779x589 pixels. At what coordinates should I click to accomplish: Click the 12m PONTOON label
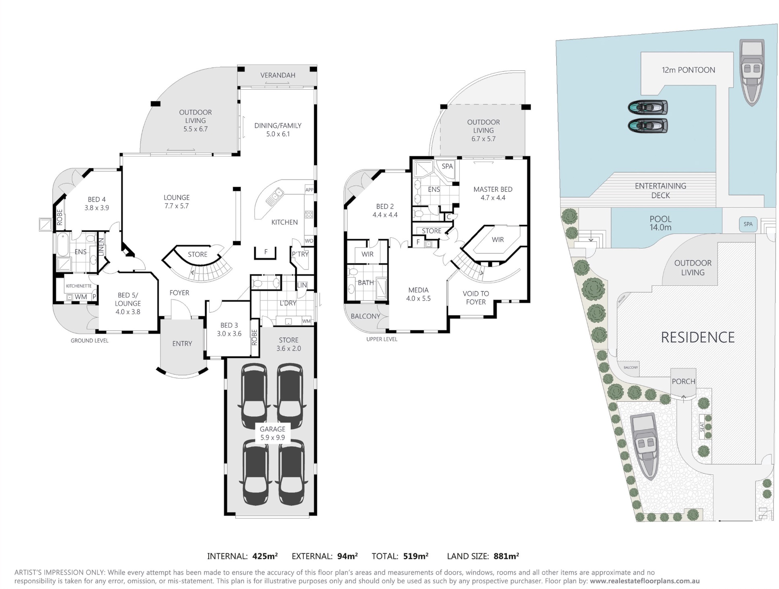click(688, 70)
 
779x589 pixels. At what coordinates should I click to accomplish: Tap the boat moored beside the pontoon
click(751, 72)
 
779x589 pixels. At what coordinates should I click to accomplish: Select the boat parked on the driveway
click(645, 447)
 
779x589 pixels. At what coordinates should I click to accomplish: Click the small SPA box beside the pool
click(748, 224)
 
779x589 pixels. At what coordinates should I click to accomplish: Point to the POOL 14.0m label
click(660, 223)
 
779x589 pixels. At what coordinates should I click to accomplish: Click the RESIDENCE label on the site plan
click(697, 337)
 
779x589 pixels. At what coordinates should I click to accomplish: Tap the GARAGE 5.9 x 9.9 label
click(272, 433)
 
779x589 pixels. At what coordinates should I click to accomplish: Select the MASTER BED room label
click(493, 193)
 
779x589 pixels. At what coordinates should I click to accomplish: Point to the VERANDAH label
click(277, 75)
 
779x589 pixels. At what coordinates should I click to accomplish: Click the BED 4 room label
click(97, 203)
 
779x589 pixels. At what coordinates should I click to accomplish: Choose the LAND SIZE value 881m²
click(506, 556)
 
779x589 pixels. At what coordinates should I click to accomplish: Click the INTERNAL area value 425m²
click(265, 556)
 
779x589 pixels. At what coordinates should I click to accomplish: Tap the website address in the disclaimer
click(645, 581)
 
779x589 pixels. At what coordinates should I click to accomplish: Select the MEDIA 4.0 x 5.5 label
click(418, 294)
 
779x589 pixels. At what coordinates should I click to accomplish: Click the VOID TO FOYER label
click(476, 298)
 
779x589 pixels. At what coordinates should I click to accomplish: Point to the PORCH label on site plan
click(683, 381)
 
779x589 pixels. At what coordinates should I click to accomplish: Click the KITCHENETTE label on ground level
click(78, 286)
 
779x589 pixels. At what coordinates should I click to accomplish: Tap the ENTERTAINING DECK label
click(660, 190)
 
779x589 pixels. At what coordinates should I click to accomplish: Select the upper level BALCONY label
click(365, 316)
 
